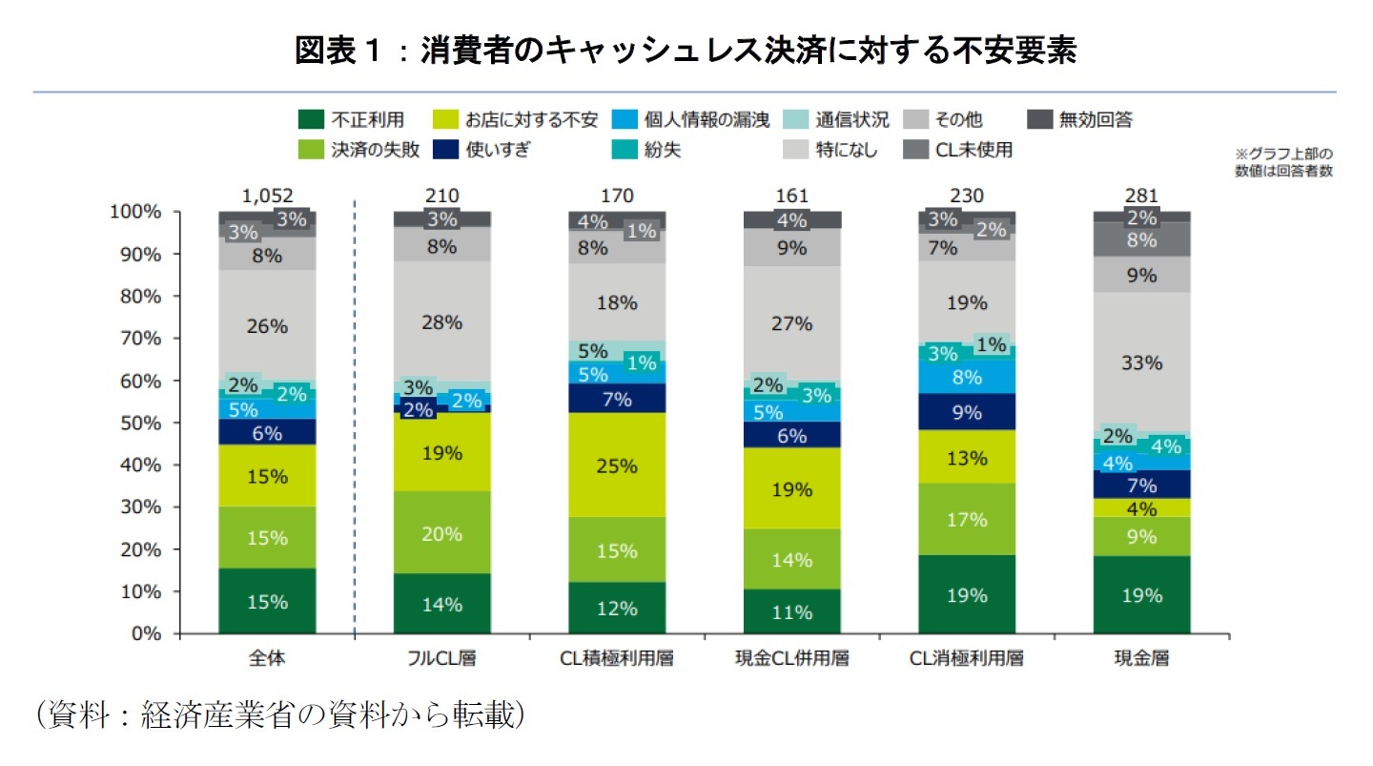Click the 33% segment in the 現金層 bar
point(1141,362)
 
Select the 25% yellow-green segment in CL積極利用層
point(617,466)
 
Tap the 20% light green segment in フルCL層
point(442,534)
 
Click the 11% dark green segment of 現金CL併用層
point(791,611)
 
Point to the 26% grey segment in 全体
point(267,325)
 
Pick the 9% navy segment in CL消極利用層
point(967,413)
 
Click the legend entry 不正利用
point(354,119)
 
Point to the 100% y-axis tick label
point(134,212)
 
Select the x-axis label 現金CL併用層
point(791,658)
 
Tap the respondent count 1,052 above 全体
point(267,196)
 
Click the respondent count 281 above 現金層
point(1141,196)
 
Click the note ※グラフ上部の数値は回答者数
point(1283,162)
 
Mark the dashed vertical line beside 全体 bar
point(354,420)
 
